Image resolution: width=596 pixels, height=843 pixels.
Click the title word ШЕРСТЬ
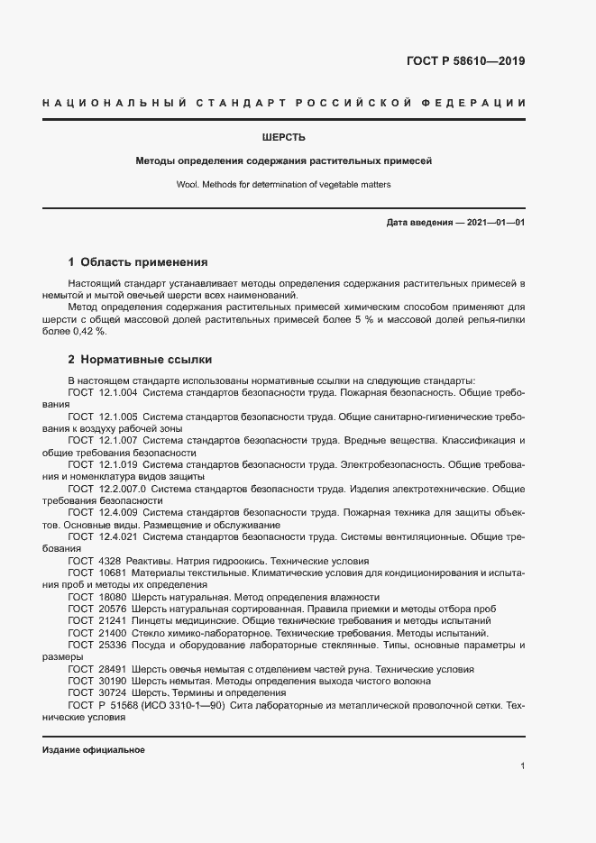284,138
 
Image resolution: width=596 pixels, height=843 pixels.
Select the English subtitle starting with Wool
284,185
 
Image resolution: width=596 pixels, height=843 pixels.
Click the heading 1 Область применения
138,262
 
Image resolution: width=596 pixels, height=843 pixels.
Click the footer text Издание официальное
94,750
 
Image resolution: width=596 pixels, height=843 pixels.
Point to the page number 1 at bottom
522,766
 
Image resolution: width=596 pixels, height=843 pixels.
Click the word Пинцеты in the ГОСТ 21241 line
154,621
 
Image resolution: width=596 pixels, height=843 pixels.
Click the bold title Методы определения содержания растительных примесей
284,161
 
